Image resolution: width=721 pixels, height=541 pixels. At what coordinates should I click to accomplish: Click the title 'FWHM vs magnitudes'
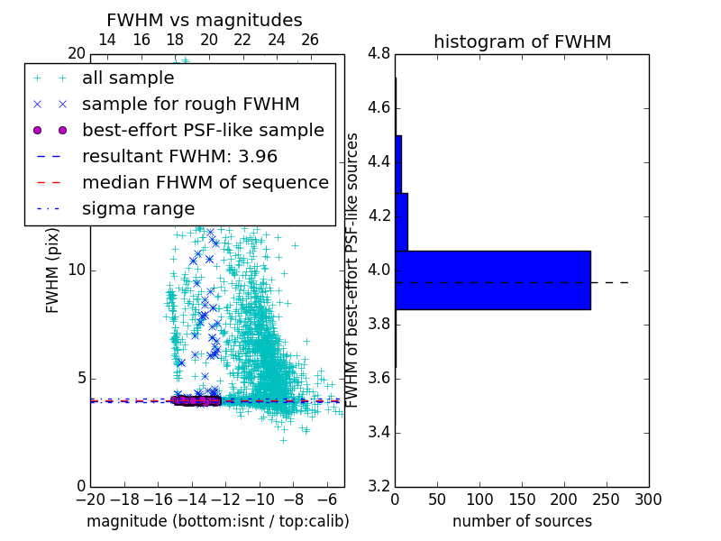coord(205,20)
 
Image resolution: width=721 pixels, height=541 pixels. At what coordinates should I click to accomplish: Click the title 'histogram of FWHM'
coord(522,41)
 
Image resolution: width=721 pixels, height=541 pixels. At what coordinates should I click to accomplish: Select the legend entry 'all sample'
coord(128,78)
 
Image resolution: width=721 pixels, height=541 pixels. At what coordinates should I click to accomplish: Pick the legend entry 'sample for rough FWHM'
coord(190,104)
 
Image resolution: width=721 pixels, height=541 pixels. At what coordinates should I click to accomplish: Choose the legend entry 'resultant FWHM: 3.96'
coord(179,156)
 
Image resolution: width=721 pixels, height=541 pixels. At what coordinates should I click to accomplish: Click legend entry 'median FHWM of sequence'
coord(205,182)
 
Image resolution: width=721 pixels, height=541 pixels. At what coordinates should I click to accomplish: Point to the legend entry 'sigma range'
coord(138,208)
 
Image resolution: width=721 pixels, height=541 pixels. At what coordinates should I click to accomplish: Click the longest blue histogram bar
coord(493,280)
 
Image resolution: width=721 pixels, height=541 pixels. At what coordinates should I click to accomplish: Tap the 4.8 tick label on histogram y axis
coord(379,53)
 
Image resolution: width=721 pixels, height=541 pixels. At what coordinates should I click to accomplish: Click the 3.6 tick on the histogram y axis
coord(379,378)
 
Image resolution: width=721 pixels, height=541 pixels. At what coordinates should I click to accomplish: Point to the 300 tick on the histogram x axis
coord(648,500)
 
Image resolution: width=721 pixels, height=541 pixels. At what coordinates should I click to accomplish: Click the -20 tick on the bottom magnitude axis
coord(90,500)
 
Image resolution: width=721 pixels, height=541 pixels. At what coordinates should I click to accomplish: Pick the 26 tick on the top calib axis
coord(310,40)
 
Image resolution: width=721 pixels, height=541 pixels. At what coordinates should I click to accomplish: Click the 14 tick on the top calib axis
coord(107,40)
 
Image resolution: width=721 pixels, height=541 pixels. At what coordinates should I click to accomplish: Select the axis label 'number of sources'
coord(522,521)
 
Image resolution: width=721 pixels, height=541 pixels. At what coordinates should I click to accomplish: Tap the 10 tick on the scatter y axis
coord(76,270)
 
